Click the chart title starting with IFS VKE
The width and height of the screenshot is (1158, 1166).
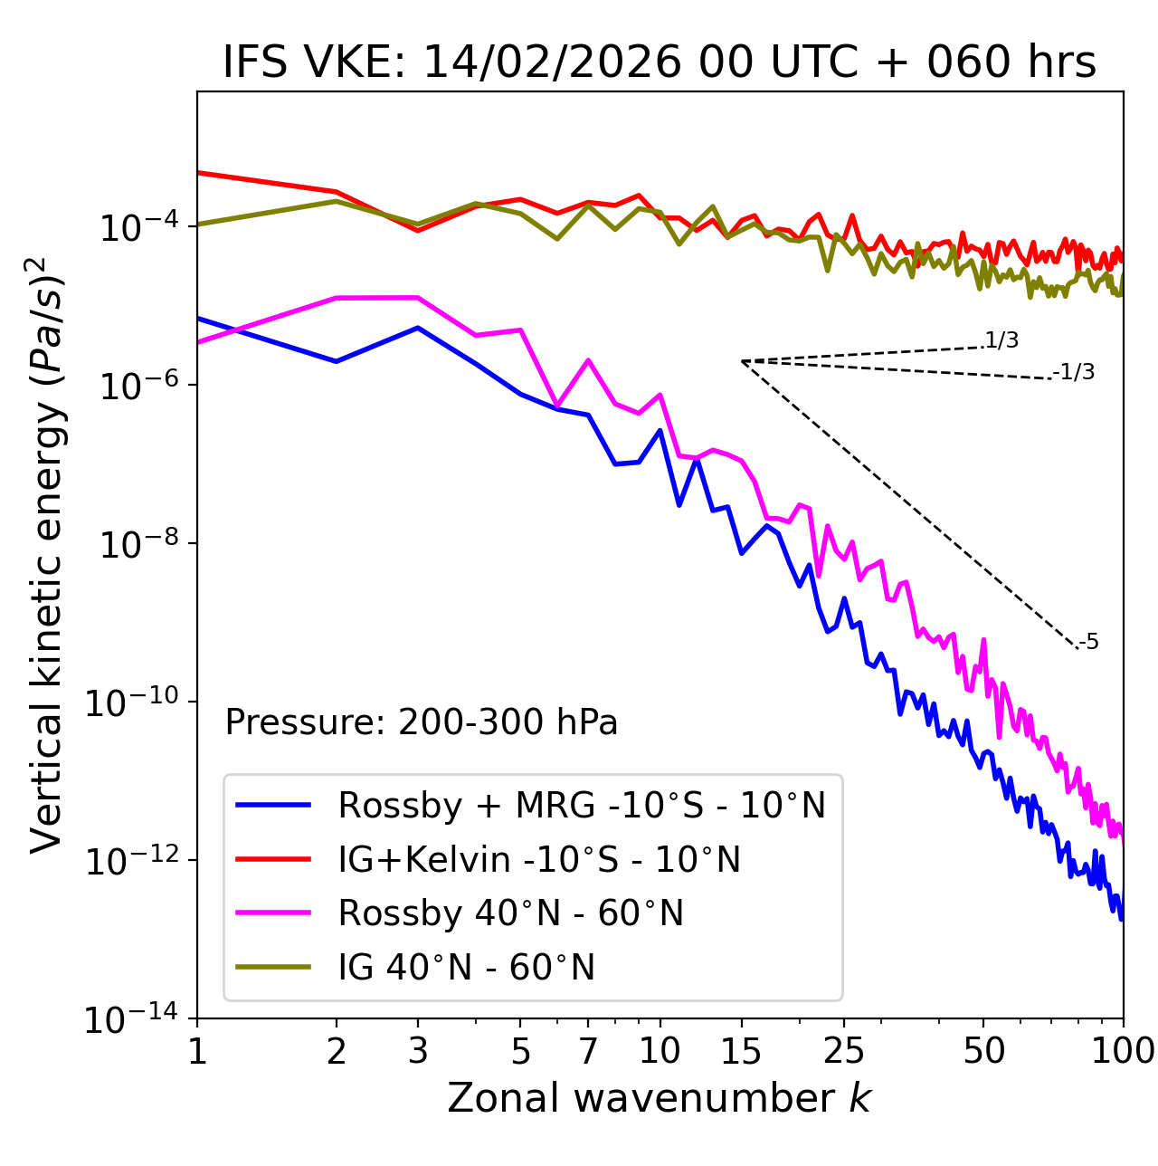(660, 62)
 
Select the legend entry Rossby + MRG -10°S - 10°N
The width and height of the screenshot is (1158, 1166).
(582, 805)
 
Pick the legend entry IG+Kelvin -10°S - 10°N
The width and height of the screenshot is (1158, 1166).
(539, 859)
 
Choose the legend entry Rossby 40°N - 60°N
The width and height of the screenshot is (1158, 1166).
(510, 913)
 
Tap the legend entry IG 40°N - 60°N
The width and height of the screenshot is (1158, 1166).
(466, 968)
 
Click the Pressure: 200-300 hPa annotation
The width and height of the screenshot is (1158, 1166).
(422, 722)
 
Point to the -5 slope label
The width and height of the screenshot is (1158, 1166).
(1088, 642)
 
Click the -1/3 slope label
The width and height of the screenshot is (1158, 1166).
(1074, 371)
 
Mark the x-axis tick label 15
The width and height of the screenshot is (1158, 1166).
(741, 1051)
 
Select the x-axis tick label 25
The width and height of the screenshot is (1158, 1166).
(844, 1051)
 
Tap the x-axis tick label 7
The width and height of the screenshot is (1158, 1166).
(588, 1051)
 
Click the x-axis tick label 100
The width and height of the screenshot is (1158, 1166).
(1123, 1051)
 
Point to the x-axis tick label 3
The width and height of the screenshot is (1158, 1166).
(417, 1051)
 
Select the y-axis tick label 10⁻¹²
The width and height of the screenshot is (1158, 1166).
(129, 860)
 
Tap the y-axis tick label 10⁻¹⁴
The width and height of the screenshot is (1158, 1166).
(129, 1018)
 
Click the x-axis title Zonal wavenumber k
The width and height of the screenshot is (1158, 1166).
(660, 1098)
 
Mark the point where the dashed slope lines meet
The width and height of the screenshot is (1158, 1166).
(742, 361)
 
